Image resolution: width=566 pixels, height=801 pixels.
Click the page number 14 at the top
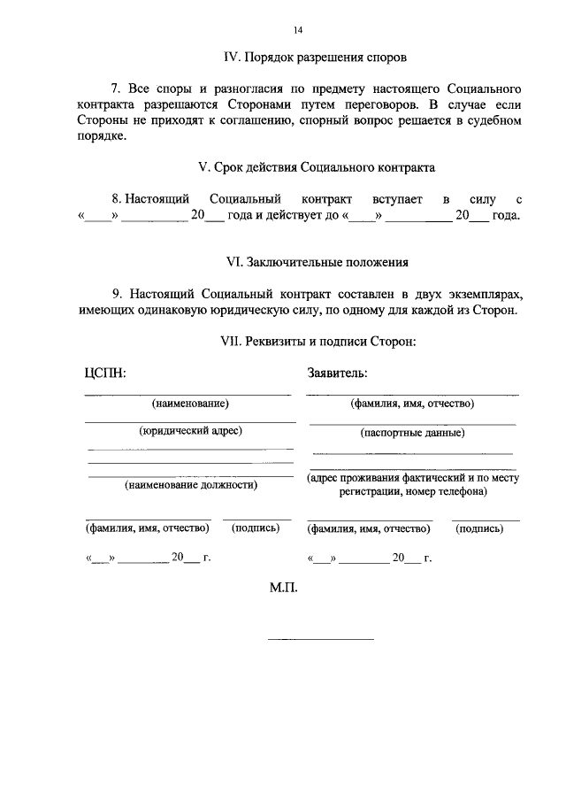pyautogui.click(x=298, y=30)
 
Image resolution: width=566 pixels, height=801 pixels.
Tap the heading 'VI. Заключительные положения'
pyautogui.click(x=317, y=263)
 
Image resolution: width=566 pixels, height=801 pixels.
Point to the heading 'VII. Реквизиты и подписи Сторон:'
pyautogui.click(x=317, y=341)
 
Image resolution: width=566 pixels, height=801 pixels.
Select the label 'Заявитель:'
pyautogui.click(x=338, y=373)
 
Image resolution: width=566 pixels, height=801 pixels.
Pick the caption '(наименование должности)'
pyautogui.click(x=191, y=485)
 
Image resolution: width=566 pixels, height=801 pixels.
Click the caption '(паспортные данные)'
pyautogui.click(x=412, y=433)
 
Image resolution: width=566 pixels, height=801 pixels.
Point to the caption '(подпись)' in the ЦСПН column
pyautogui.click(x=256, y=528)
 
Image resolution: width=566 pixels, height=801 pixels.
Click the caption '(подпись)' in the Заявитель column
pyautogui.click(x=479, y=528)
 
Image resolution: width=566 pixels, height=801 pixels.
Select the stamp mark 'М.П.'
pyautogui.click(x=286, y=588)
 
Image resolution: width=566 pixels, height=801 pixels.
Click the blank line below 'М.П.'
pyautogui.click(x=320, y=638)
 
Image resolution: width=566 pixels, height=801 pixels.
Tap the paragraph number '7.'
pyautogui.click(x=116, y=89)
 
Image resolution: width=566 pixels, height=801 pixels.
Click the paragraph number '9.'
pyautogui.click(x=116, y=294)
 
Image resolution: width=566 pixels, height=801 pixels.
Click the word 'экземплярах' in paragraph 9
pyautogui.click(x=484, y=294)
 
